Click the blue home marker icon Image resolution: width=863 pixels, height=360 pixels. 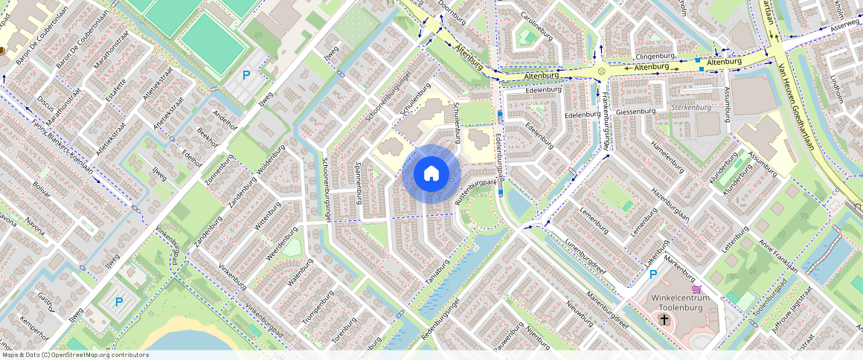pyautogui.click(x=431, y=174)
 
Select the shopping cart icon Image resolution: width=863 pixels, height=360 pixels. pyautogui.click(x=696, y=289)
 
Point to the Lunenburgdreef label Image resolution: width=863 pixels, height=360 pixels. pyautogui.click(x=586, y=257)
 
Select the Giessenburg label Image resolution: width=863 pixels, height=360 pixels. pyautogui.click(x=635, y=112)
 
